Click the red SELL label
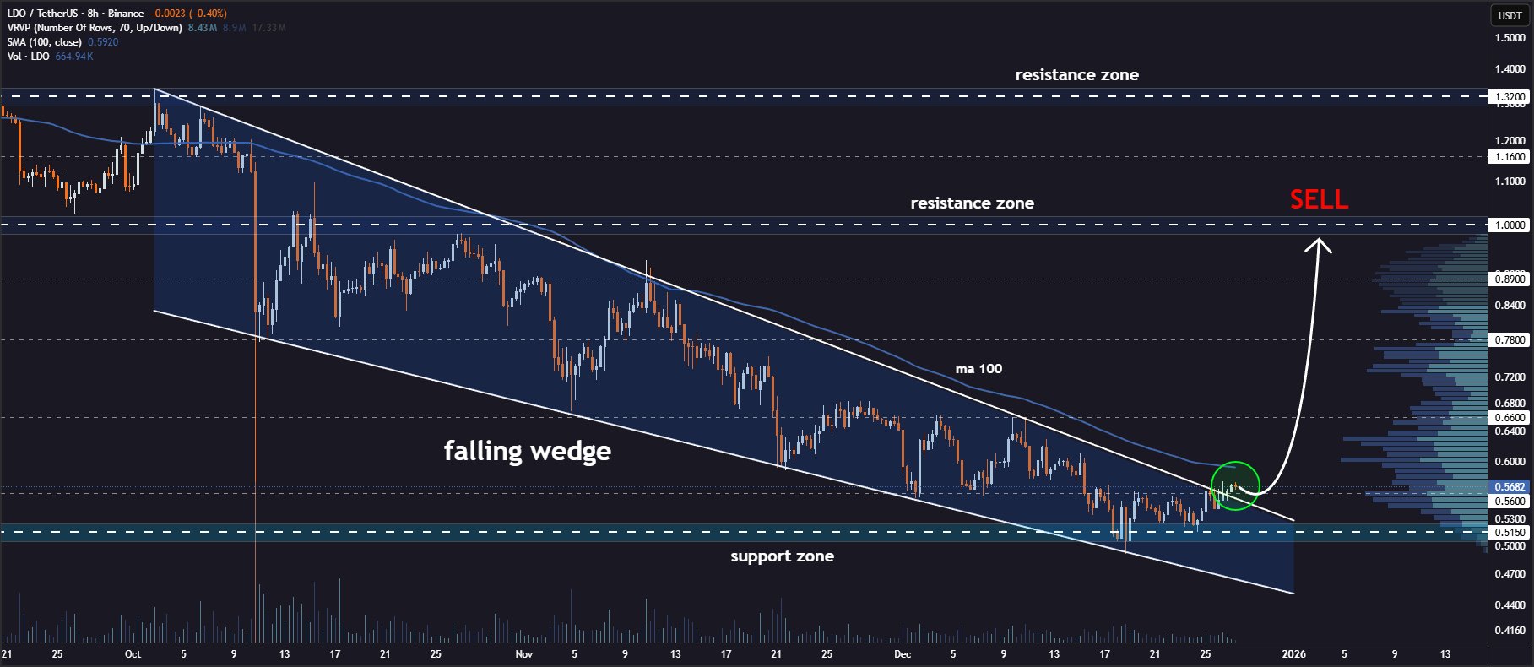1319,199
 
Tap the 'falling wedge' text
527,451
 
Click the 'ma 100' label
978,369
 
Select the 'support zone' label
782,556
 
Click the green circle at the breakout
1235,486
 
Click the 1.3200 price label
1510,97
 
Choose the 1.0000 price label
1510,225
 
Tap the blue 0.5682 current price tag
1510,487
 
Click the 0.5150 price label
1510,533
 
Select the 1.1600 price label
1510,157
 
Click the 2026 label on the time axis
1293,654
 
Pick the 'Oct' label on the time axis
133,654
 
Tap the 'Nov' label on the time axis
524,654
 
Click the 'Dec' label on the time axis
903,654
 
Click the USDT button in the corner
1510,15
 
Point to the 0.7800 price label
1510,340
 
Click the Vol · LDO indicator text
28,57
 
